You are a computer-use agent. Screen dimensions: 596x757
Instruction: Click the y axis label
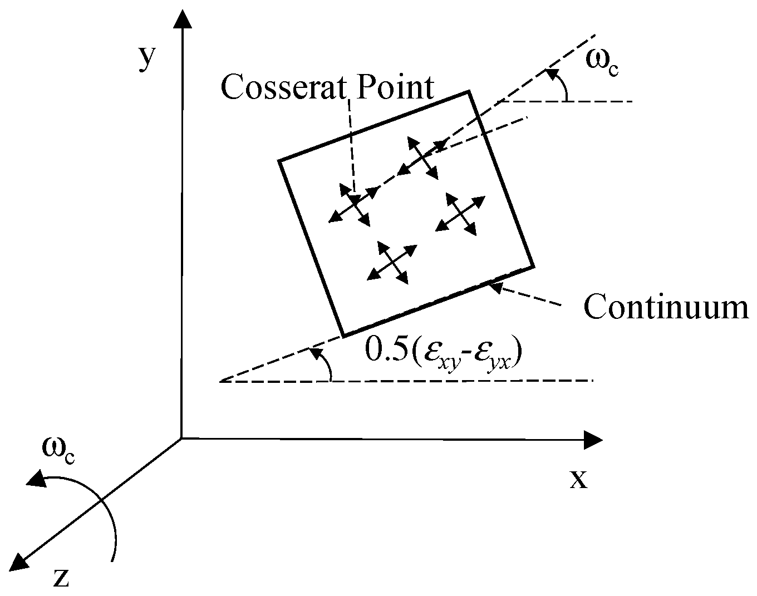[146, 58]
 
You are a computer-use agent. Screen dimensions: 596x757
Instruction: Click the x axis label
[578, 479]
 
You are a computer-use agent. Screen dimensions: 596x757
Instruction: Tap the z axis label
[61, 579]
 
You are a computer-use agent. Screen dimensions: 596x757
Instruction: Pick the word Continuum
[666, 308]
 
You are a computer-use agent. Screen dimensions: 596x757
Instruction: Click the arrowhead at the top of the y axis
[182, 20]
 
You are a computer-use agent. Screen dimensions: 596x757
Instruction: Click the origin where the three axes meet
[182, 439]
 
